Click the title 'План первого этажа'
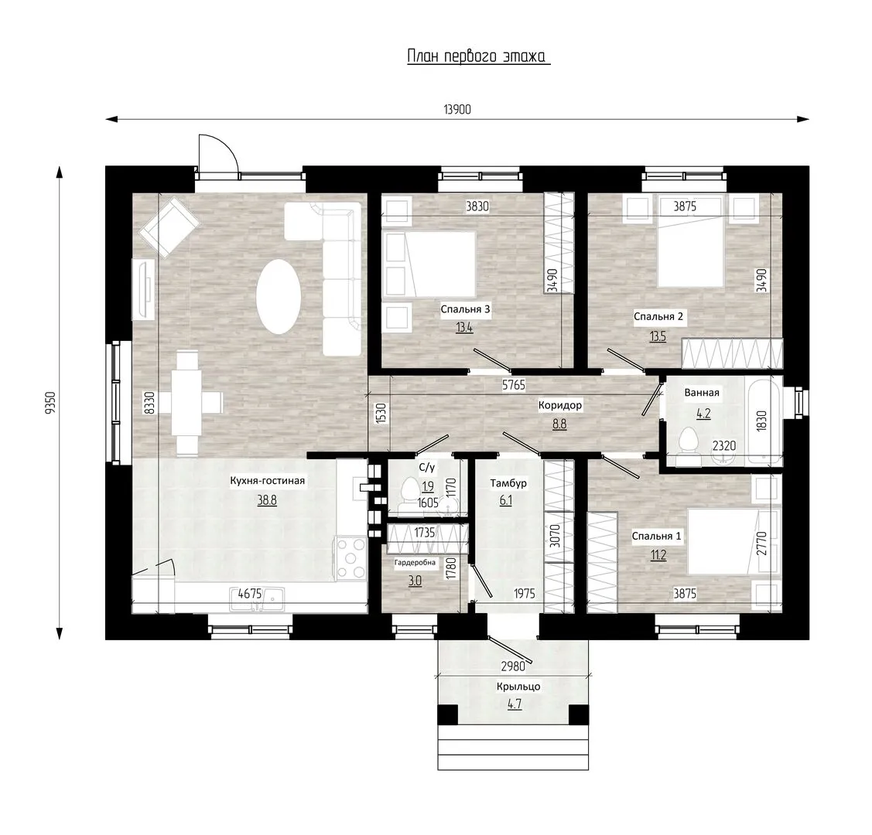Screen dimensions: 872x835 (477, 56)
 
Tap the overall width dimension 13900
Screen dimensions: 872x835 (457, 110)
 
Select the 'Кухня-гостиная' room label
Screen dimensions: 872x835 (268, 481)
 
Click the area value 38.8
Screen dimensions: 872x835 (267, 500)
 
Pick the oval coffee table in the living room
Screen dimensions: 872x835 (279, 296)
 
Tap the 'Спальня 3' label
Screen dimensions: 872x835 (466, 309)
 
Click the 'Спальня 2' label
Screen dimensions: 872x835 (658, 317)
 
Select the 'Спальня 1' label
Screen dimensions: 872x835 (656, 536)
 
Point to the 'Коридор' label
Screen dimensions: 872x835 (560, 405)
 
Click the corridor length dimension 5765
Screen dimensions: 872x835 (513, 384)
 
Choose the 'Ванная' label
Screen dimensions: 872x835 (702, 393)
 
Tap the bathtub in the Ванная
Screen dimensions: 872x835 (764, 421)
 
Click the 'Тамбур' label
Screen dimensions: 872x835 (508, 483)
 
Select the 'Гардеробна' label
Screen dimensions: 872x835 (415, 563)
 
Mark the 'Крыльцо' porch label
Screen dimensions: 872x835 (518, 687)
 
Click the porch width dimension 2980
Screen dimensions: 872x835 (513, 666)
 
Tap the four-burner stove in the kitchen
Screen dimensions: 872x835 (349, 557)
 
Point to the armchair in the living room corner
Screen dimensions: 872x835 (169, 228)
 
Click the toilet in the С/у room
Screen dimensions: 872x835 (410, 490)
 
